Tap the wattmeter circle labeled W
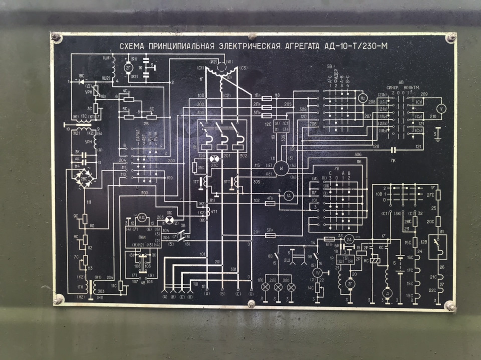click(282, 169)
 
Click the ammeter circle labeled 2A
click(349, 240)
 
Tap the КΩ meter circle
click(142, 217)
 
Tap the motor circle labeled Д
click(386, 292)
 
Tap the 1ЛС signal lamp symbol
click(170, 221)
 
